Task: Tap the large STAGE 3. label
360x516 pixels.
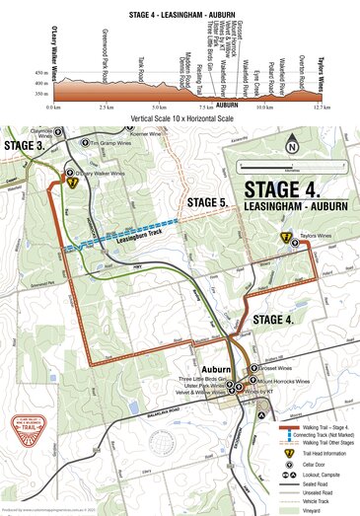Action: pos(24,145)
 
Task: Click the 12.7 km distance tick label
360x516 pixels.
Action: pos(315,106)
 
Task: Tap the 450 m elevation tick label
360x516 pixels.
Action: pos(39,73)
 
